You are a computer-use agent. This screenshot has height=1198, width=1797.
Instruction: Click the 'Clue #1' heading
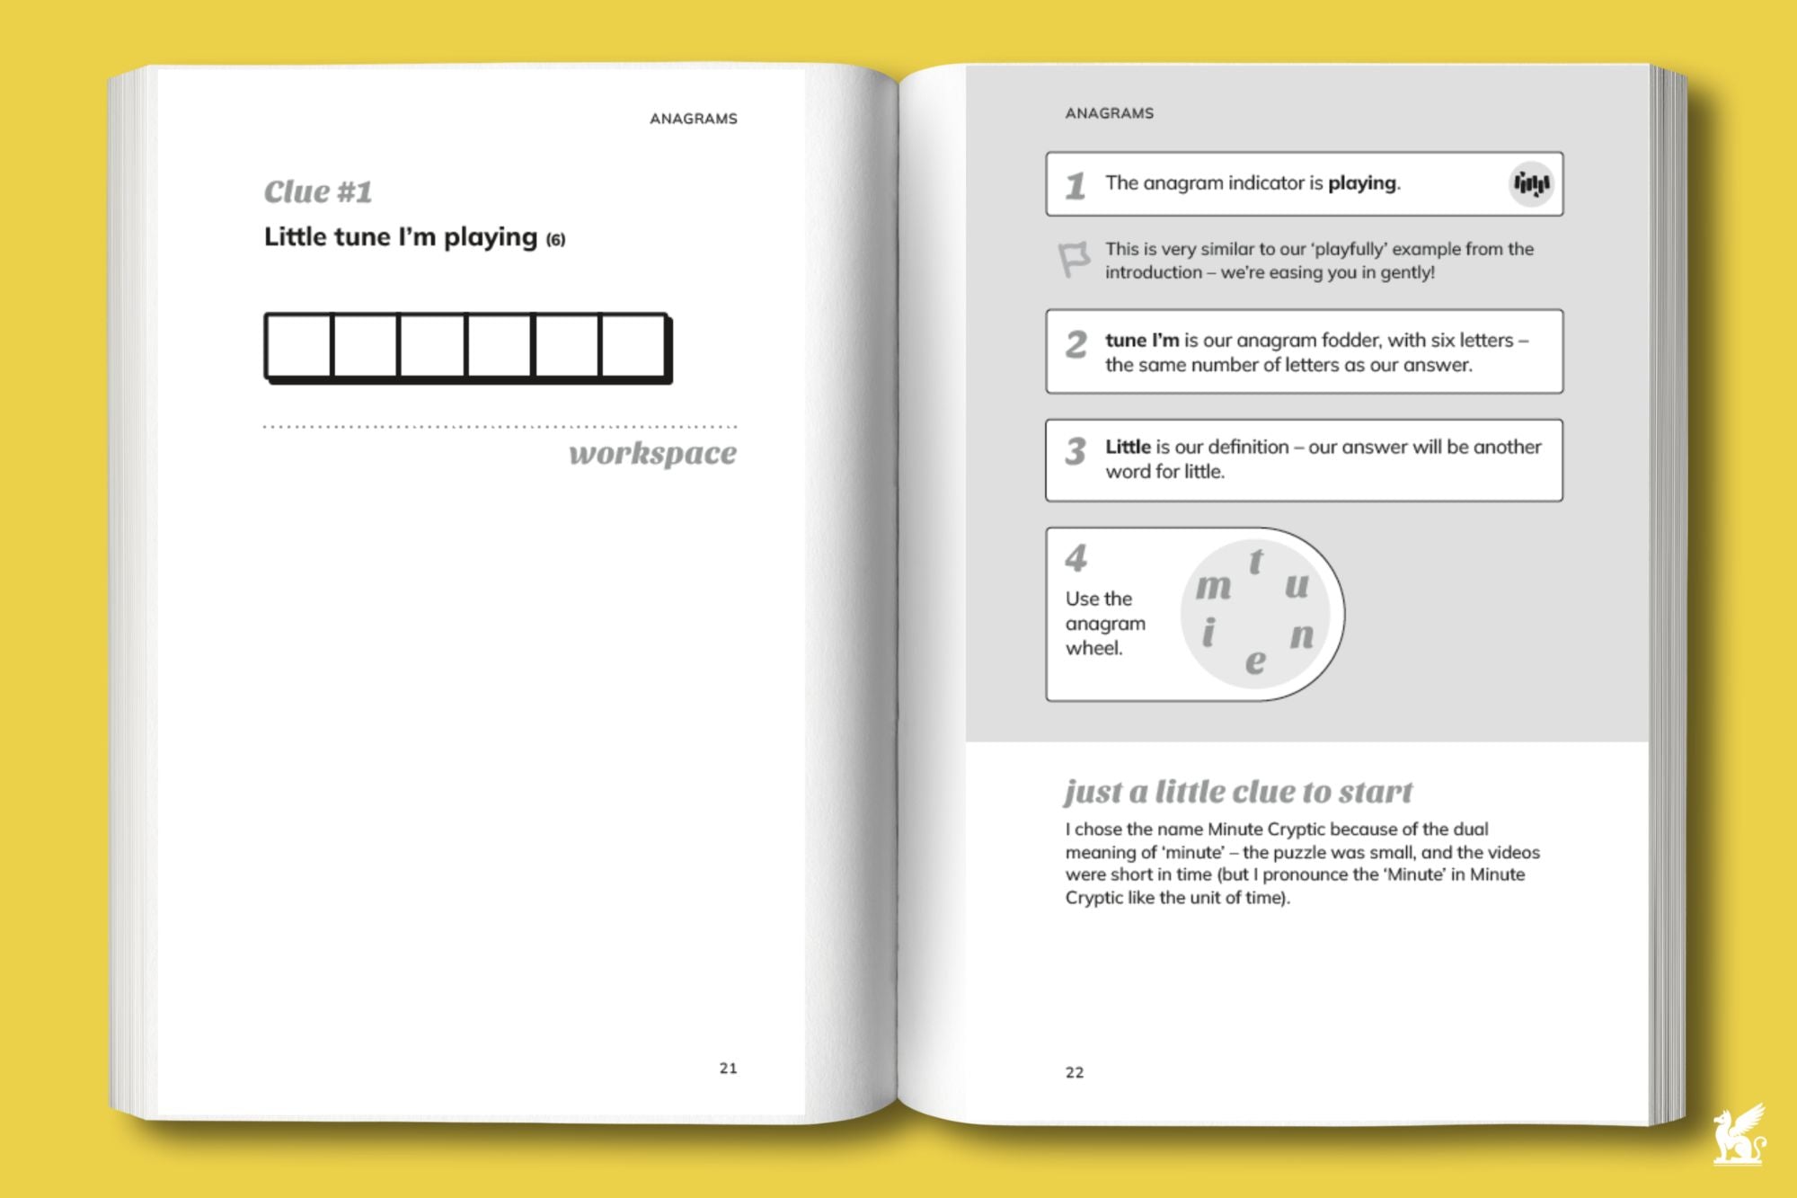click(317, 192)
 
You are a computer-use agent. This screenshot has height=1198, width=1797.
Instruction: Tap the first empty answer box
click(299, 345)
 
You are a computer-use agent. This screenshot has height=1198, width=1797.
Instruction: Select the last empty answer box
click(633, 345)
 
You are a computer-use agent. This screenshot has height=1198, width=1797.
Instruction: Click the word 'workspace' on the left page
click(652, 453)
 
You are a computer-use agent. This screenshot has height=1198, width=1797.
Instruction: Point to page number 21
click(728, 1068)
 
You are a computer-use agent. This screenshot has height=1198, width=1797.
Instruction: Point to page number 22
click(1075, 1072)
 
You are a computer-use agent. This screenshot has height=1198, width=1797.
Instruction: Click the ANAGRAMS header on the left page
click(693, 119)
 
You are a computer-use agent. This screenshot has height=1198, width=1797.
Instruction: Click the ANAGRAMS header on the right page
click(1109, 113)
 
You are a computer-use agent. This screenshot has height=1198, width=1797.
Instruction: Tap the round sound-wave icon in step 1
click(1531, 184)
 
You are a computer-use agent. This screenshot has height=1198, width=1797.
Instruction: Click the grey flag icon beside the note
click(1074, 260)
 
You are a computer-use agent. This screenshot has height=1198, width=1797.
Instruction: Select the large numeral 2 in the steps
click(1076, 345)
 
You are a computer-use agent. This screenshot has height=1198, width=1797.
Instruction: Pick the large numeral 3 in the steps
click(1076, 451)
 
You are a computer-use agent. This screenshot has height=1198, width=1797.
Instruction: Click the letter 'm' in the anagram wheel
click(1213, 587)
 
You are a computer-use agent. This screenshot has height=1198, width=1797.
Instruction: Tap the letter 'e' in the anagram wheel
click(1255, 661)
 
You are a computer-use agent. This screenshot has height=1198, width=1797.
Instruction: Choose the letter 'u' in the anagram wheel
click(1297, 586)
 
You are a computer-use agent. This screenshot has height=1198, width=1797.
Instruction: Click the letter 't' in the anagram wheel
click(1256, 562)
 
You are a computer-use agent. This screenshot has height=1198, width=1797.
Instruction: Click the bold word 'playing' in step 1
click(1362, 183)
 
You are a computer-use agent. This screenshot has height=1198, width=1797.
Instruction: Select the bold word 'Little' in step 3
click(1128, 447)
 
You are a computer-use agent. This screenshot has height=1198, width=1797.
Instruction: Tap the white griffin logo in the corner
click(1738, 1136)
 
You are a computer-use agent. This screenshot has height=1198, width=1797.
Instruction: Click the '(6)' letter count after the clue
click(555, 240)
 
